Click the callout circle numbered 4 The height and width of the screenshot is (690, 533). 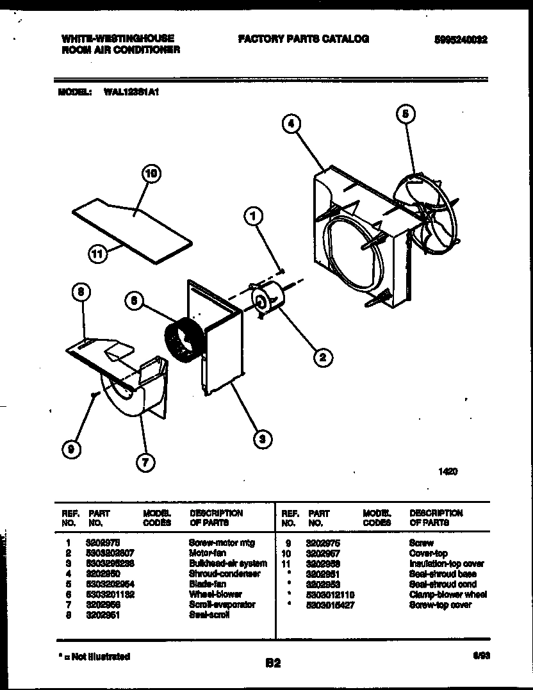[x=291, y=125]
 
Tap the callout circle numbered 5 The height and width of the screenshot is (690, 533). [x=404, y=114]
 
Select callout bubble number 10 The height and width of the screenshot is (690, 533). [x=151, y=174]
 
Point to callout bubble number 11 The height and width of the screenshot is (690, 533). [x=97, y=254]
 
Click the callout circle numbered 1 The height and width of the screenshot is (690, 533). [x=254, y=218]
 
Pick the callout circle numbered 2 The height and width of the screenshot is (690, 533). [x=322, y=357]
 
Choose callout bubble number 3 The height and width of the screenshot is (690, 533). [x=261, y=439]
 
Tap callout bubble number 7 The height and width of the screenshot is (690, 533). [x=146, y=463]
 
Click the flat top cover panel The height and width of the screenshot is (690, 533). [x=131, y=227]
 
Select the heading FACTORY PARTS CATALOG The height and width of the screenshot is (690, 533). [x=303, y=39]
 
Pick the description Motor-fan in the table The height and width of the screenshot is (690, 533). [x=205, y=553]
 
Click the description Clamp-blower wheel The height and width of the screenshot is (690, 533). [x=448, y=595]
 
